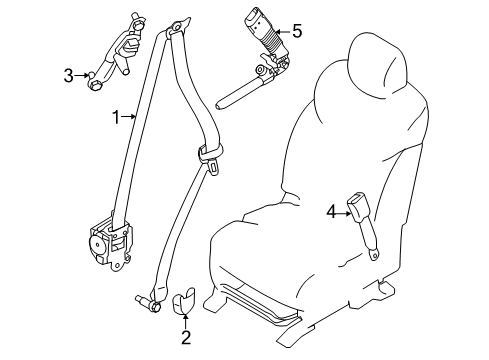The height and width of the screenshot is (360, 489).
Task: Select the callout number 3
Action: pyautogui.click(x=69, y=74)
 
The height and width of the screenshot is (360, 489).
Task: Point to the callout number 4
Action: pyautogui.click(x=331, y=210)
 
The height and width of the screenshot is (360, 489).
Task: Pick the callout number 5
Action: pyautogui.click(x=296, y=31)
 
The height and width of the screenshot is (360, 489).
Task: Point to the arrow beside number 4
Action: pyautogui.click(x=343, y=210)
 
